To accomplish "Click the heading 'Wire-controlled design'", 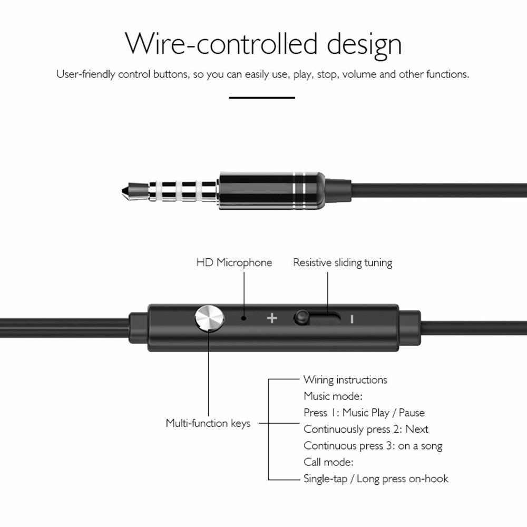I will click(x=263, y=45).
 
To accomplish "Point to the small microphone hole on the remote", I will click(x=243, y=318).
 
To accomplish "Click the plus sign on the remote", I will click(x=271, y=318).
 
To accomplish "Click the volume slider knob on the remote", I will click(x=301, y=317).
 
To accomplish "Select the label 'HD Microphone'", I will click(x=234, y=262).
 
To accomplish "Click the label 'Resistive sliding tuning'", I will click(x=343, y=262).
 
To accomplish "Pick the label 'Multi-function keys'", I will click(x=208, y=423).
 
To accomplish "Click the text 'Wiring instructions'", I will click(x=345, y=379).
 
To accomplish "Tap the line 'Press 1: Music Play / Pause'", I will click(x=364, y=413).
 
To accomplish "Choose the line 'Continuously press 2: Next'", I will click(x=366, y=429).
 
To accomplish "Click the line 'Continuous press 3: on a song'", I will click(x=373, y=446).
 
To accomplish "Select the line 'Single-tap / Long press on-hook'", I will click(x=376, y=479).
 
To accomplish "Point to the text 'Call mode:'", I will click(x=328, y=462).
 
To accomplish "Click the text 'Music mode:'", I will click(x=333, y=396).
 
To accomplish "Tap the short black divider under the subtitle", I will click(x=262, y=97).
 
